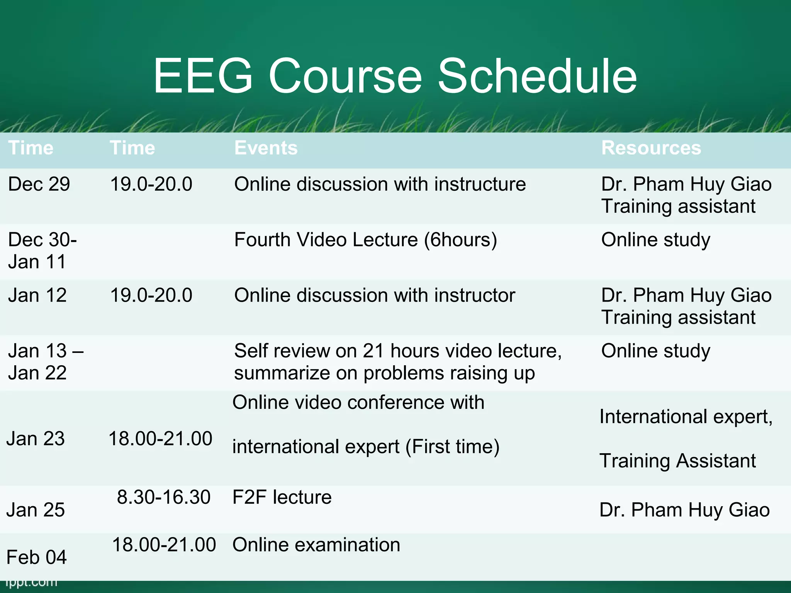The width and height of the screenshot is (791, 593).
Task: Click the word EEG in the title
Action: point(203,76)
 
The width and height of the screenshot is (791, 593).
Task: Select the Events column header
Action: point(266,148)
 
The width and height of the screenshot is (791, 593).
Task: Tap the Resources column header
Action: point(651,148)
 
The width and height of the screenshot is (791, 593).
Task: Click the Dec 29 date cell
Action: point(39,184)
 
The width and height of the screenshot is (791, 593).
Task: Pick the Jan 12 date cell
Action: point(37,295)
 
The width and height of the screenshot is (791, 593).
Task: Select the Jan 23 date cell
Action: point(36,439)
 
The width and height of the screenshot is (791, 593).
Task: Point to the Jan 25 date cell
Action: point(36,510)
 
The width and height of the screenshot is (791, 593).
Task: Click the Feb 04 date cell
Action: point(36,557)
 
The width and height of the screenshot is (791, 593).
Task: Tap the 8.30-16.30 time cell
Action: point(164,497)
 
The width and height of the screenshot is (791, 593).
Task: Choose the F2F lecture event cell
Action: point(282,497)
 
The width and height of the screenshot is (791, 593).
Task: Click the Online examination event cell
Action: point(316,545)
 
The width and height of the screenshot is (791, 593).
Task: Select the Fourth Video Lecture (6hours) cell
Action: point(365,240)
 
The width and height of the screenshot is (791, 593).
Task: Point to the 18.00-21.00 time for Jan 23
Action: point(160,439)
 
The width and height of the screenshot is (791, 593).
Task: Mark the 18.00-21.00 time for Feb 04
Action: point(164,545)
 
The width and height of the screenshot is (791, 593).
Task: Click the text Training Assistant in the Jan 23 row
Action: point(677,461)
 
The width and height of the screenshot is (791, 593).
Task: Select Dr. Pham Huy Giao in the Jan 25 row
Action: point(684,510)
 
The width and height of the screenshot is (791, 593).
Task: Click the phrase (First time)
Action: point(452,447)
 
